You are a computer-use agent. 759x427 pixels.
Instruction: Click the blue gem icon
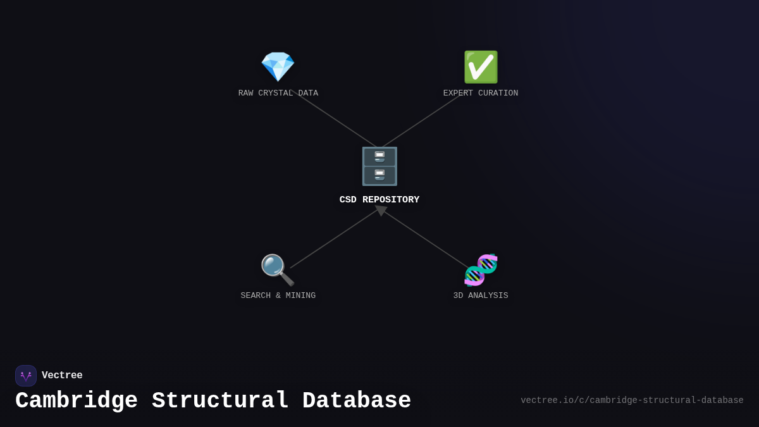point(278,66)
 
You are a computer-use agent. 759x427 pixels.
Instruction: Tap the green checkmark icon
point(481,67)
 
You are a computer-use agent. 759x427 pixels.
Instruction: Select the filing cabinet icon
point(379,166)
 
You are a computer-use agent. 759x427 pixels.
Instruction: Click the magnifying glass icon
point(277,269)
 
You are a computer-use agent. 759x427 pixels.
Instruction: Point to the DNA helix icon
point(481,269)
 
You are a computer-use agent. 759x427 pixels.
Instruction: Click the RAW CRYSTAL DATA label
point(278,94)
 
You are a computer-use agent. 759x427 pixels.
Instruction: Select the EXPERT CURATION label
point(481,94)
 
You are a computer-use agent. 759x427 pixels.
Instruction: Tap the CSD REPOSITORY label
point(379,200)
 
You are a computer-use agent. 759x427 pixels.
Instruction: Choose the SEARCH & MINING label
point(278,296)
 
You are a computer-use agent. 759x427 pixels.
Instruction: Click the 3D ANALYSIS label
point(481,296)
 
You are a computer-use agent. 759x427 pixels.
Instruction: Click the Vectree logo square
point(26,376)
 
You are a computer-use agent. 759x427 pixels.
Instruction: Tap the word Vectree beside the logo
point(62,376)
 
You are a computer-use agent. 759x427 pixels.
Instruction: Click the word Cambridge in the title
point(77,401)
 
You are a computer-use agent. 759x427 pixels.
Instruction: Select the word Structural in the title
point(220,401)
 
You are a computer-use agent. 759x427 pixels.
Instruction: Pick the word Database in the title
point(357,401)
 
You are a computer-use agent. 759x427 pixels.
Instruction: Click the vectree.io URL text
point(632,400)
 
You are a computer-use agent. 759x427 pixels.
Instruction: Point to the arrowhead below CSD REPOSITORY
point(381,210)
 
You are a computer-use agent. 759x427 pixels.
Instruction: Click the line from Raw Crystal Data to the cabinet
point(335,120)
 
